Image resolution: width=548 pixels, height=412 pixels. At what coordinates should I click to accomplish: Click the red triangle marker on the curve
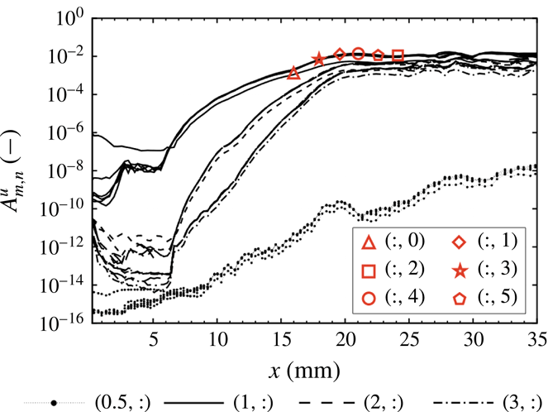pos(293,73)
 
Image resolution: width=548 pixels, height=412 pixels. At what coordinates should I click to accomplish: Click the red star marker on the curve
pos(318,59)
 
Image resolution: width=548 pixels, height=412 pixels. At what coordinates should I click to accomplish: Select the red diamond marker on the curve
pos(339,54)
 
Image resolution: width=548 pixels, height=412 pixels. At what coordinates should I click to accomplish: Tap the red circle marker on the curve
pos(358,54)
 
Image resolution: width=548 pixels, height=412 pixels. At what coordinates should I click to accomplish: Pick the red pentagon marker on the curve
pos(378,55)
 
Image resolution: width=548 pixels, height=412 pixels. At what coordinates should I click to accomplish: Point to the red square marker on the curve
pos(398,55)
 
